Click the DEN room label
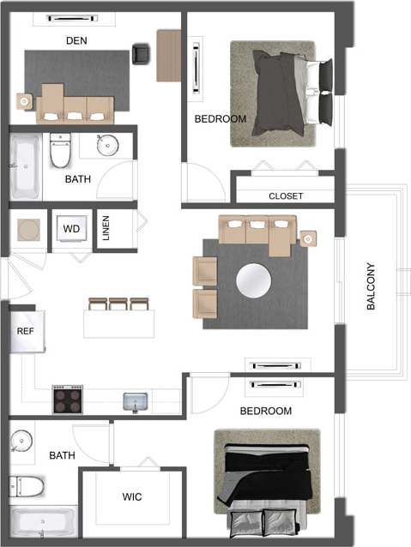coord(76,40)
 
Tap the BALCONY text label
coord(372,286)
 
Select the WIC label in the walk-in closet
coord(132,496)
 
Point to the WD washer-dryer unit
coord(71,230)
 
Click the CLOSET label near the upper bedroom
coord(286,196)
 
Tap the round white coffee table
coord(253,279)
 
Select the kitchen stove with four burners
coord(68,400)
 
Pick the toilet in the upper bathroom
coord(60,152)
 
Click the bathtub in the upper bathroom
coord(26,166)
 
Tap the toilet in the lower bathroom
coord(26,486)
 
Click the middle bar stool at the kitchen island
coord(118,304)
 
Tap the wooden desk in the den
coord(169,56)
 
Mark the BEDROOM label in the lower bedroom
coord(265,412)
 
